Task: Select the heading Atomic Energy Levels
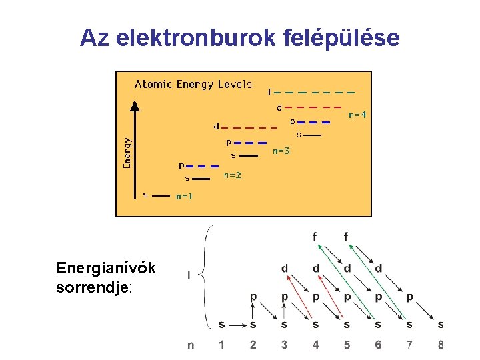[x=193, y=84]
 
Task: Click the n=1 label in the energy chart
[x=184, y=197]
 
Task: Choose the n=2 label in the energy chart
[x=232, y=175]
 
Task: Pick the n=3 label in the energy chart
[x=281, y=151]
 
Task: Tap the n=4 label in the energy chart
[x=357, y=115]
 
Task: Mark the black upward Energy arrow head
[x=135, y=105]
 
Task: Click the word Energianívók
[x=106, y=268]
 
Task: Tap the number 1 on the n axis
[x=222, y=345]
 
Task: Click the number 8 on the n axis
[x=441, y=345]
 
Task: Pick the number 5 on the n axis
[x=347, y=345]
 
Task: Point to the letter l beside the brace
[x=190, y=275]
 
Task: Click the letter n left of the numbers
[x=191, y=345]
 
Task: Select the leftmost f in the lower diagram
[x=315, y=237]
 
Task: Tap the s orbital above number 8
[x=441, y=325]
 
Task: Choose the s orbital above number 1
[x=222, y=325]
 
